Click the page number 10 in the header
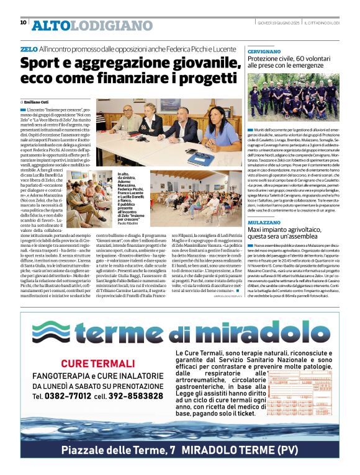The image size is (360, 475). click(x=23, y=23)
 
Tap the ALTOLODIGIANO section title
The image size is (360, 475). click(x=92, y=25)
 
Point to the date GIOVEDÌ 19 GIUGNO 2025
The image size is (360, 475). click(x=279, y=23)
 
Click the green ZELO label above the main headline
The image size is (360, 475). click(x=29, y=49)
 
